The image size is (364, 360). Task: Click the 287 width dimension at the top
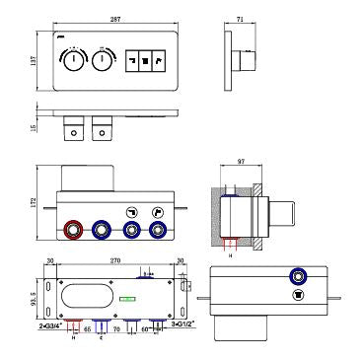click(116, 22)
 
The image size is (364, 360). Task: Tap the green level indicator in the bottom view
click(126, 298)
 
